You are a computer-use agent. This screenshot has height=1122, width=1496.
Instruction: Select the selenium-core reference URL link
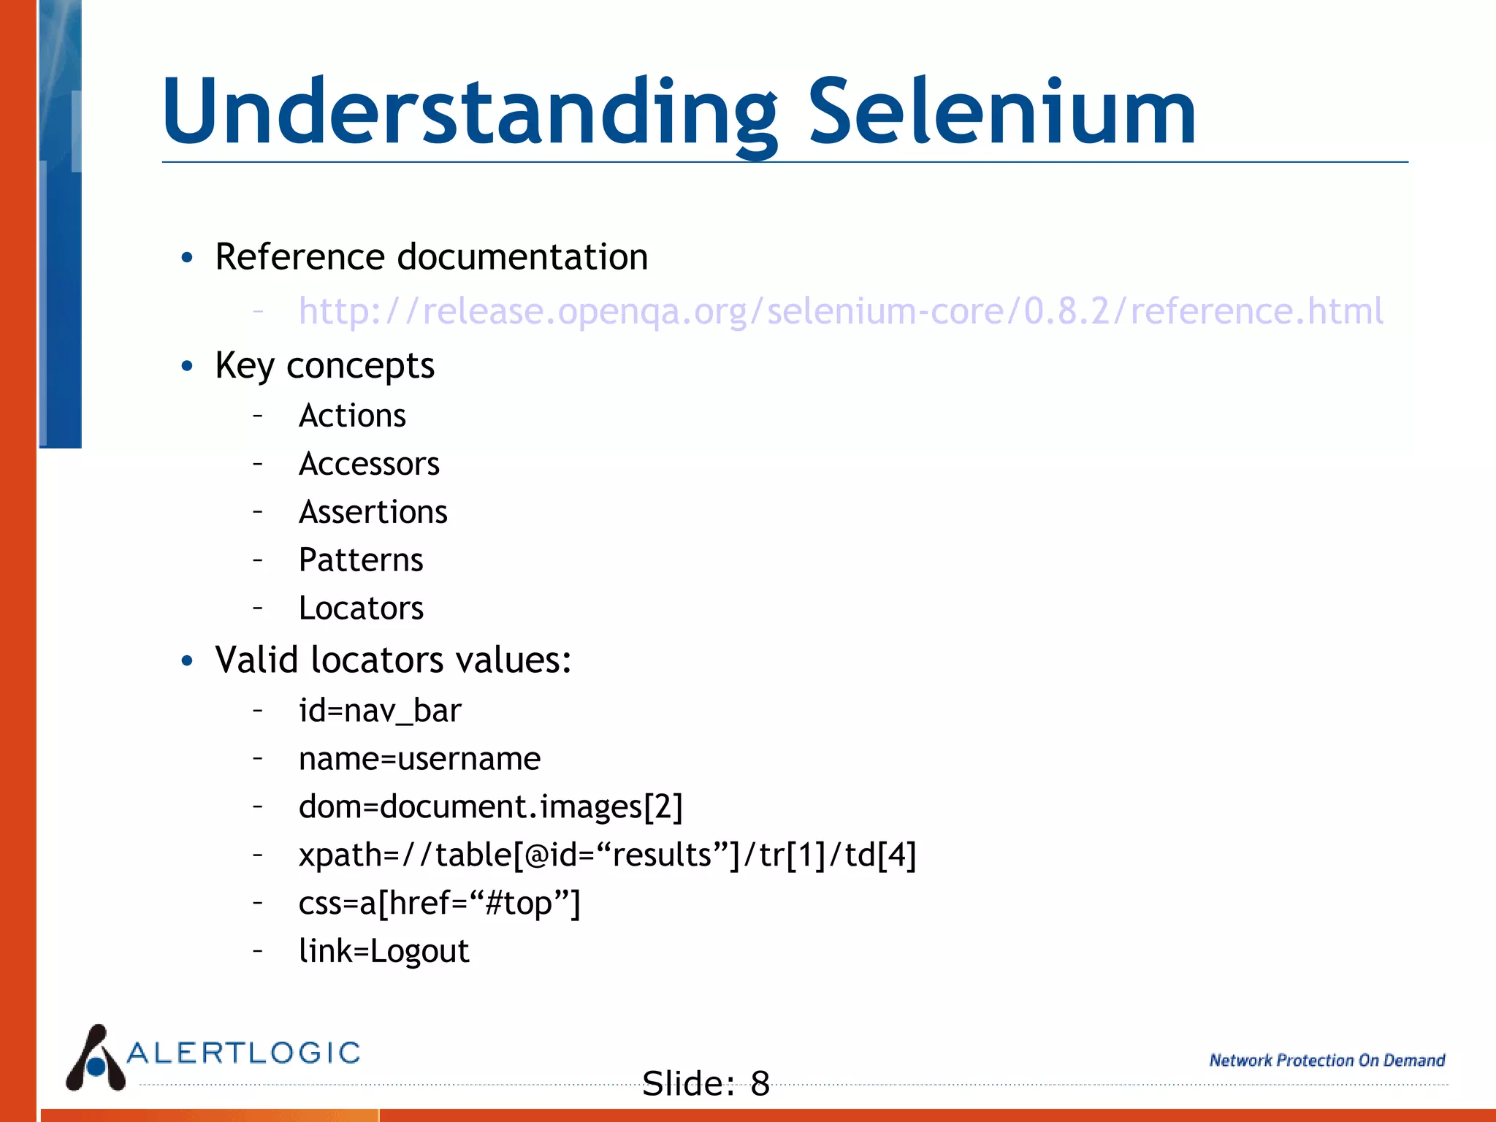[x=840, y=311]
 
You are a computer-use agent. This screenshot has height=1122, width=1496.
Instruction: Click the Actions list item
[x=352, y=416]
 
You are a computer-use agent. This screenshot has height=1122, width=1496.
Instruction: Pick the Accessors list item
[x=369, y=465]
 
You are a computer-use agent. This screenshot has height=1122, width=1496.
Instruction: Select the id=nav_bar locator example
[x=380, y=711]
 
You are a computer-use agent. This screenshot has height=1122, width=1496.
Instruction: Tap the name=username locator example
[x=419, y=759]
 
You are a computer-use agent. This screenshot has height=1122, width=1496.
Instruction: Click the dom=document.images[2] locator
[x=490, y=807]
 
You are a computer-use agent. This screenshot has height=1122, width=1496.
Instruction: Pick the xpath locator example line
[x=607, y=855]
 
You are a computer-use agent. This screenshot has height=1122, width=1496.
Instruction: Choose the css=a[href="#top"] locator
[x=439, y=904]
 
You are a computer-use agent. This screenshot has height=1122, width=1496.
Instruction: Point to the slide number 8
[x=760, y=1083]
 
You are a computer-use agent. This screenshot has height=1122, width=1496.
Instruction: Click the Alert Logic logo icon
[x=96, y=1058]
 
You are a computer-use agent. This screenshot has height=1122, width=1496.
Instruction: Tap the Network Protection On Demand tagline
[x=1327, y=1061]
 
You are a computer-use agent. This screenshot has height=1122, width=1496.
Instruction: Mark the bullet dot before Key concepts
[x=188, y=366]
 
